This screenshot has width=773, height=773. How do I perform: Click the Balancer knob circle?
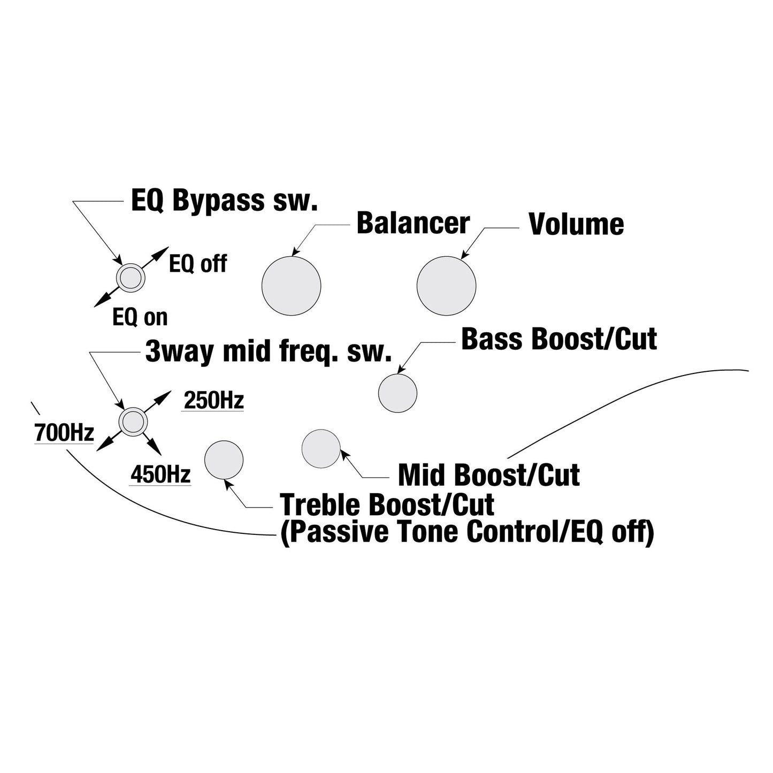pyautogui.click(x=291, y=286)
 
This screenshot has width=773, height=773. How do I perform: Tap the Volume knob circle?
pyautogui.click(x=447, y=286)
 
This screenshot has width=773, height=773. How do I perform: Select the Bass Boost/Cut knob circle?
pyautogui.click(x=397, y=393)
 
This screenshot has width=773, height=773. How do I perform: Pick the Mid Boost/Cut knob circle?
pyautogui.click(x=321, y=448)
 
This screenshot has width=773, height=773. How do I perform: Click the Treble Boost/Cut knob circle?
pyautogui.click(x=224, y=460)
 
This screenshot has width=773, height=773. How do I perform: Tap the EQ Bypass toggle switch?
pyautogui.click(x=131, y=278)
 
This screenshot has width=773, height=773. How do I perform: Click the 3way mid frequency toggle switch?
pyautogui.click(x=133, y=422)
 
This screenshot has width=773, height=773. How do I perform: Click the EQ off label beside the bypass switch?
pyautogui.click(x=198, y=264)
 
